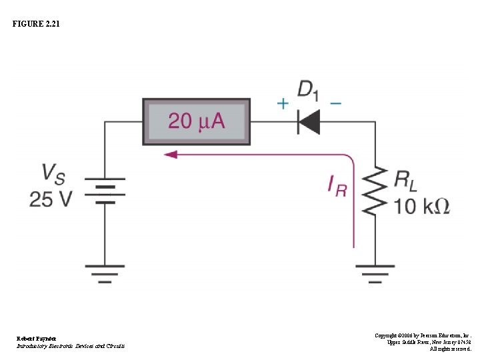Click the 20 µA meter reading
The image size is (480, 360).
197,121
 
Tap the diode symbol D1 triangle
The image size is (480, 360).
309,122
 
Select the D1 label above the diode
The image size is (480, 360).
308,90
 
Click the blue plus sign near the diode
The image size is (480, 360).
283,103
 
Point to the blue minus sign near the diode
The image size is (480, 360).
335,103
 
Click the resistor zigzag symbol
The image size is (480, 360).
375,191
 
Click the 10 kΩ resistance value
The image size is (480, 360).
421,206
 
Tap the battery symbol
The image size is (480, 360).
105,191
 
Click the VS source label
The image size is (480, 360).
54,174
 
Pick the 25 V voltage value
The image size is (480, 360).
50,199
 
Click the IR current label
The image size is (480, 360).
337,185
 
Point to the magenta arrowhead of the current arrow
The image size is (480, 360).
171,155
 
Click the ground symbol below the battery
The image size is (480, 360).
105,273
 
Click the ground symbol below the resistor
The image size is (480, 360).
375,273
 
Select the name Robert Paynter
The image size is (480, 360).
37,339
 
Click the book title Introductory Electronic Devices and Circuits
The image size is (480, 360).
70,346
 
